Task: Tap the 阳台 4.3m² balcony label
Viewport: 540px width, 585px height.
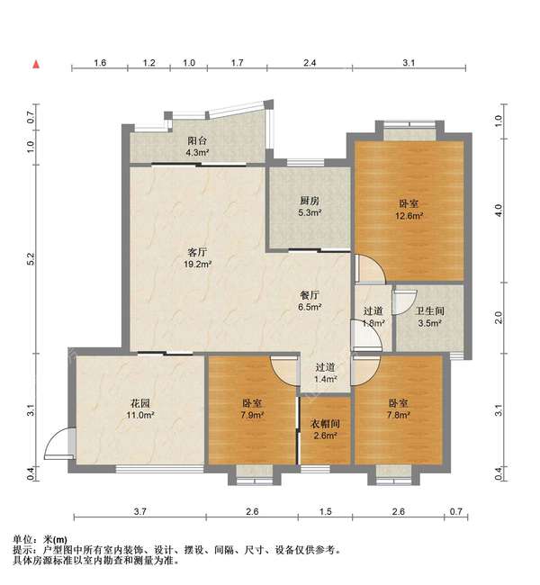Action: pos(197,147)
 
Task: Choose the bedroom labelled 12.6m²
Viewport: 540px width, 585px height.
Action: pos(405,210)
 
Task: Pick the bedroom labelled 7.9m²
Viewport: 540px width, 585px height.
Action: pos(252,409)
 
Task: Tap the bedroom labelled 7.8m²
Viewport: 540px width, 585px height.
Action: pos(399,409)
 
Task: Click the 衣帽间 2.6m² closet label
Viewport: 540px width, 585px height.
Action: pos(325,430)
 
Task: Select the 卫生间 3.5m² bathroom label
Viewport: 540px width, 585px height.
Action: pos(428,317)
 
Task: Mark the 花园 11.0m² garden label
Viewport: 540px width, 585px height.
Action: pos(140,410)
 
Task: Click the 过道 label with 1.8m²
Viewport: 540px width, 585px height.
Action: pos(373,317)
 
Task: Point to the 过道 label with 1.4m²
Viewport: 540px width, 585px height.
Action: pos(325,373)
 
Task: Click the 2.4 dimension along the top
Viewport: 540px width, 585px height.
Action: pos(309,64)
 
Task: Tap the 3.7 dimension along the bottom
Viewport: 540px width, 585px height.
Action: pos(139,511)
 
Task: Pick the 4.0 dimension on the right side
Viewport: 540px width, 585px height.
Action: pos(497,210)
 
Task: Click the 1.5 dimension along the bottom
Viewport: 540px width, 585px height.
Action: pos(325,511)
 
